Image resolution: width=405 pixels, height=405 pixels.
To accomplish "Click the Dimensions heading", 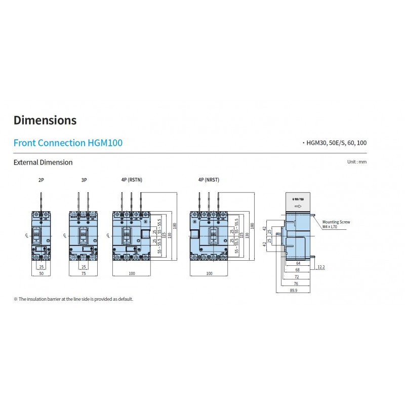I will (45, 120).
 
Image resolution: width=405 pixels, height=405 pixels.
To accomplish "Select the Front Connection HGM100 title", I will (68, 143).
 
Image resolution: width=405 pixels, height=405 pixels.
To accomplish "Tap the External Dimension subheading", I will (43, 163).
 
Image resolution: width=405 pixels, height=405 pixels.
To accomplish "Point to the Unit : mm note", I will (356, 162).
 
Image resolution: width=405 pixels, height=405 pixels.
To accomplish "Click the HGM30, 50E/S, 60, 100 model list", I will (335, 143).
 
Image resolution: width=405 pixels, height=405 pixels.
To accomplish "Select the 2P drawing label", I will (41, 180).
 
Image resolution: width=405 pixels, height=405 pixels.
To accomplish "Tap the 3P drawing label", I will (84, 180).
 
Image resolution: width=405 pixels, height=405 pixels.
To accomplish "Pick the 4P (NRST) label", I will (209, 180).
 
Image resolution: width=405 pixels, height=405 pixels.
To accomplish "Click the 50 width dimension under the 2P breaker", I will (41, 273).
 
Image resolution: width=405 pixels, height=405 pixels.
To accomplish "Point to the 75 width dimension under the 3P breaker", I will (84, 273).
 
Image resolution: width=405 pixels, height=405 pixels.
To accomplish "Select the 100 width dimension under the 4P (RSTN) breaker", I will (132, 273).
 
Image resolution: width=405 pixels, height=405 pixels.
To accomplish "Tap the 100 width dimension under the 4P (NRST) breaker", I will (209, 273).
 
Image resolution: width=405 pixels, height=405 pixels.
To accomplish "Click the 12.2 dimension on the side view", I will (321, 267).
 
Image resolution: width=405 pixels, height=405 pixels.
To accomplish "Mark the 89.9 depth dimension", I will (293, 291).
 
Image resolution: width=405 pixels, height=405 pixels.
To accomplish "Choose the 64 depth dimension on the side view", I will (298, 263).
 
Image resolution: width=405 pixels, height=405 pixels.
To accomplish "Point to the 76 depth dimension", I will (295, 284).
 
